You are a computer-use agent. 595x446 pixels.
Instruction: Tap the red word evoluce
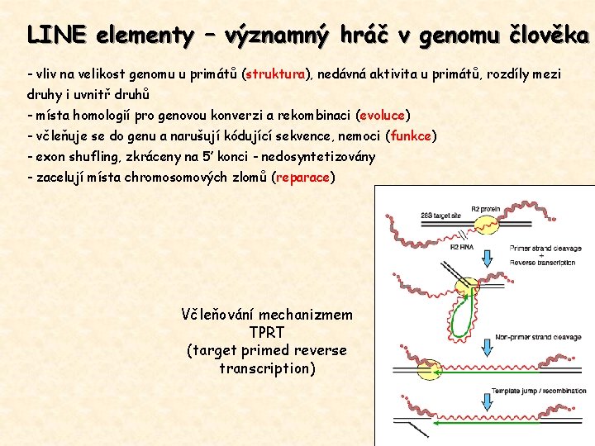pos(383,115)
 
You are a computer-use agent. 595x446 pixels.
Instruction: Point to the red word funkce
pos(412,135)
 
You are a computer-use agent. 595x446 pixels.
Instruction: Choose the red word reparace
pos(303,177)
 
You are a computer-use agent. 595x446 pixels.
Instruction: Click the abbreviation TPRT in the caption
pos(266,333)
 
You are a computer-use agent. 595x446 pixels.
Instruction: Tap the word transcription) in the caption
pos(267,368)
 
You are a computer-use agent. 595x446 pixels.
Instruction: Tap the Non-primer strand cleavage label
pos(537,336)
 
